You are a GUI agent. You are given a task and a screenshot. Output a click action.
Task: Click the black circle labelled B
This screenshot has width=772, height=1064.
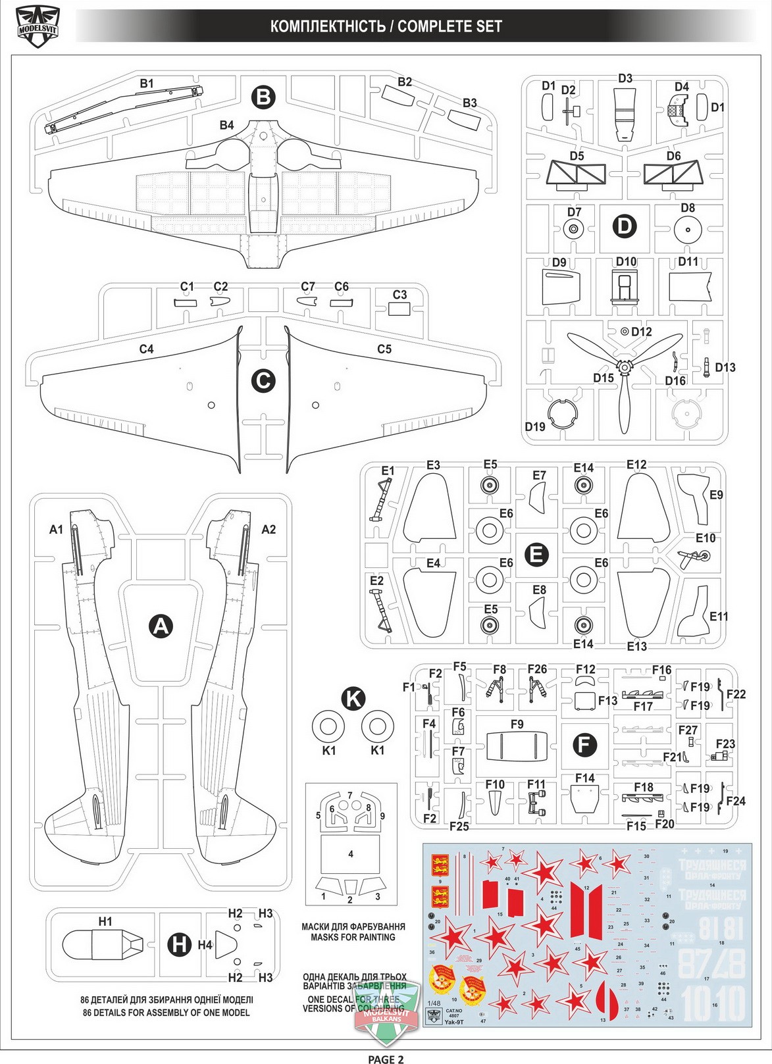point(263,97)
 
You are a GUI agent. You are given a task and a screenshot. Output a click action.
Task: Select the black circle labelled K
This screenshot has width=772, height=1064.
point(354,698)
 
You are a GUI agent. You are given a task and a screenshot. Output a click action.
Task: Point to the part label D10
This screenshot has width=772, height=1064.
point(626,261)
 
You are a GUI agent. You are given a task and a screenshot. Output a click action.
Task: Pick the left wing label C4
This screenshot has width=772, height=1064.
point(146,349)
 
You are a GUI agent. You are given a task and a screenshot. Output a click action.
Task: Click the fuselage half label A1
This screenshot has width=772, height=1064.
point(56,529)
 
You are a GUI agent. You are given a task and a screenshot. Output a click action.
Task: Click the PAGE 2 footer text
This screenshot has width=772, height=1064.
point(386,1059)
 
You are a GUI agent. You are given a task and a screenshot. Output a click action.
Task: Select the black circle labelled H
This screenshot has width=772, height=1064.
point(179,944)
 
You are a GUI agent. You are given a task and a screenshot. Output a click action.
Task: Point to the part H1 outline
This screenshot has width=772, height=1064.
point(102,946)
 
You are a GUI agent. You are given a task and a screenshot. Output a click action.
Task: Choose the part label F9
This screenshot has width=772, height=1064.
point(517,724)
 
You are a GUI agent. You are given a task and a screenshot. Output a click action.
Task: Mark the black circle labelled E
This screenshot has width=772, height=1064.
point(536,554)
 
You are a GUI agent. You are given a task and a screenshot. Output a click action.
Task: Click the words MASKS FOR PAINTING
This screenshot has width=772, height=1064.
point(353,937)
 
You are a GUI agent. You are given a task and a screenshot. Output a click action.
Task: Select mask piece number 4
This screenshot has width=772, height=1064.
point(351,854)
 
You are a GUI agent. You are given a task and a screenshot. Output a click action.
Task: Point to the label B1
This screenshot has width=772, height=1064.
point(146,84)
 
